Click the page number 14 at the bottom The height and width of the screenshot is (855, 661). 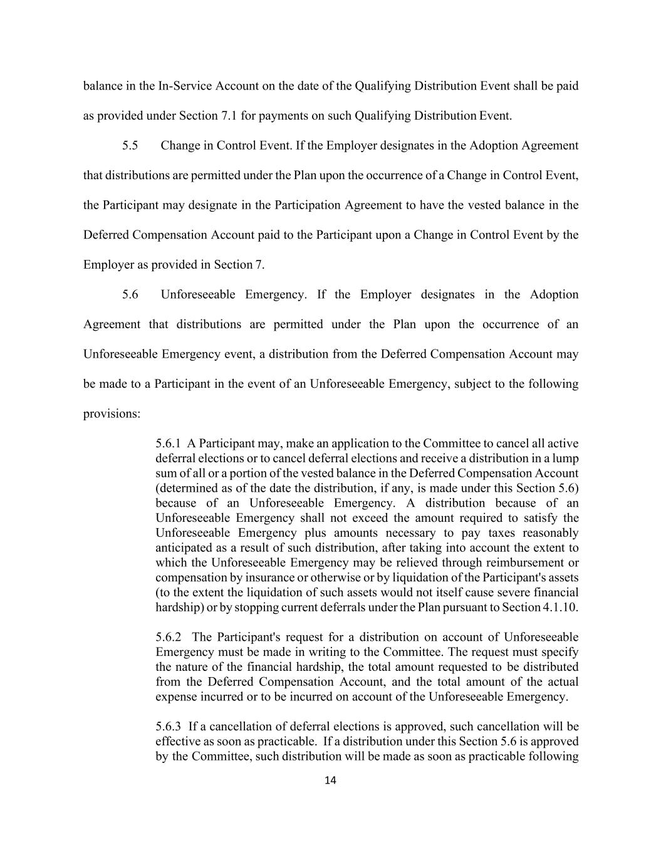pyautogui.click(x=331, y=780)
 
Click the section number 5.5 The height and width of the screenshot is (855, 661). pyautogui.click(x=130, y=145)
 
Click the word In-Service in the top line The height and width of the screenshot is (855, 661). pyautogui.click(x=185, y=86)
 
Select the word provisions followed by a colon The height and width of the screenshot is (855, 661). pyautogui.click(x=110, y=414)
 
